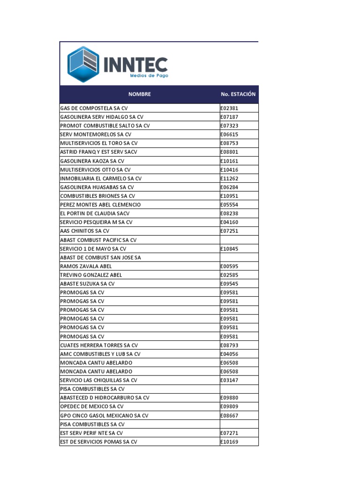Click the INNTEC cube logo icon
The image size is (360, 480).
tap(83, 64)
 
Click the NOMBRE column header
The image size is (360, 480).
tap(140, 94)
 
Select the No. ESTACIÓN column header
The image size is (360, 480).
tap(238, 94)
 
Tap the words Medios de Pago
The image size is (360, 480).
tap(149, 75)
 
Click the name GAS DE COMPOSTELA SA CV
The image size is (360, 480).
tap(94, 108)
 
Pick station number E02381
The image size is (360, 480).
tap(230, 108)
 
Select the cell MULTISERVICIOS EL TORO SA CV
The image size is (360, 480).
tap(99, 143)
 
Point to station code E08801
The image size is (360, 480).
tap(230, 152)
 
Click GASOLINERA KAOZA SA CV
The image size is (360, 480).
tap(92, 161)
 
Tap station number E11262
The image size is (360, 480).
tap(230, 178)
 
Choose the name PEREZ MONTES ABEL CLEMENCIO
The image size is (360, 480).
tap(100, 204)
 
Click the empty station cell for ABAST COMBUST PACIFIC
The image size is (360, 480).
tap(239, 240)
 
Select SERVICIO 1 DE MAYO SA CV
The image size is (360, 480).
tap(93, 248)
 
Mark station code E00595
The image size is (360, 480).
tap(230, 266)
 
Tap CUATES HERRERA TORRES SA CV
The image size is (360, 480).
tap(99, 345)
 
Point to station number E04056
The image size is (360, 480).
tap(230, 354)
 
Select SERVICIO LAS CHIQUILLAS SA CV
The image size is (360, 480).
tap(98, 380)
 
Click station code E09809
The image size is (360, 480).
tap(230, 406)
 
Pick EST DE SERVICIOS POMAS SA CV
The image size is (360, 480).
tap(98, 442)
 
